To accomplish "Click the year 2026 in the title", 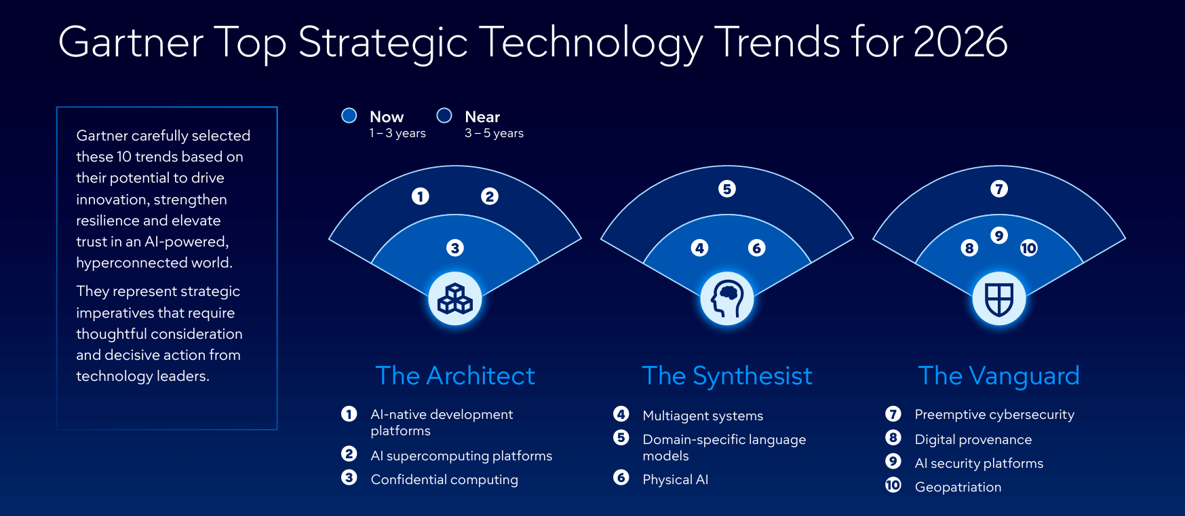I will pyautogui.click(x=960, y=42).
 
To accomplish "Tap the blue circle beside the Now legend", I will pyautogui.click(x=349, y=115).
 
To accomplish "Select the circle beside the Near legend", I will pyautogui.click(x=444, y=115).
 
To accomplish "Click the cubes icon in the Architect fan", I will pyautogui.click(x=455, y=299).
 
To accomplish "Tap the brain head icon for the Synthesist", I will pyautogui.click(x=727, y=299).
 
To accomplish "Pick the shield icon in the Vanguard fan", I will pyautogui.click(x=999, y=299).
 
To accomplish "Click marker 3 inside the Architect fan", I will pyautogui.click(x=455, y=248).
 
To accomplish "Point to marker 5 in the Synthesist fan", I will pyautogui.click(x=727, y=189).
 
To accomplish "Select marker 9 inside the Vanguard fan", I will pyautogui.click(x=999, y=236).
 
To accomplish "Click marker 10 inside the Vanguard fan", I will pyautogui.click(x=1029, y=248).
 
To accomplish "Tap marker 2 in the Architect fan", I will pyautogui.click(x=490, y=196).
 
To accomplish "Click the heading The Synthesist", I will pyautogui.click(x=727, y=376).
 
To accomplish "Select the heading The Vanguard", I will pyautogui.click(x=998, y=376).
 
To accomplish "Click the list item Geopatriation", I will pyautogui.click(x=958, y=487).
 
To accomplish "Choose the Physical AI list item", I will pyautogui.click(x=675, y=479).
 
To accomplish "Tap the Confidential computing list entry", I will pyautogui.click(x=444, y=479).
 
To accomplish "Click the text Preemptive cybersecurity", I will pyautogui.click(x=994, y=414).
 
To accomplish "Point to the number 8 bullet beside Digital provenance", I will pyautogui.click(x=893, y=438).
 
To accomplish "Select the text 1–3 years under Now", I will pyautogui.click(x=397, y=133).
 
